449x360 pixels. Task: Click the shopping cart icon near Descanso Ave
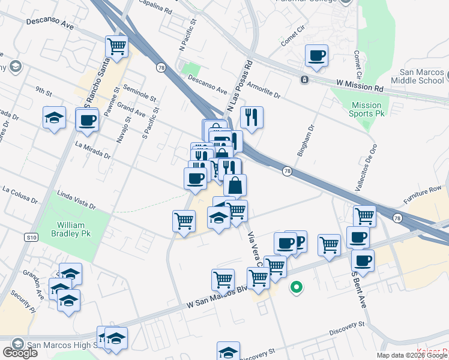tap(116, 46)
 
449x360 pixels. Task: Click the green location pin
tap(295, 288)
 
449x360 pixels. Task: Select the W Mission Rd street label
tap(360, 87)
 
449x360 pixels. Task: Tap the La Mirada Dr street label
tap(92, 149)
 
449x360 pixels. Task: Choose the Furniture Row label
tap(422, 193)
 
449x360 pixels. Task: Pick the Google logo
tap(19, 353)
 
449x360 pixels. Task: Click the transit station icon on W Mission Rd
tap(304, 79)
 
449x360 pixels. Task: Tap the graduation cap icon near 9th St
tap(54, 118)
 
